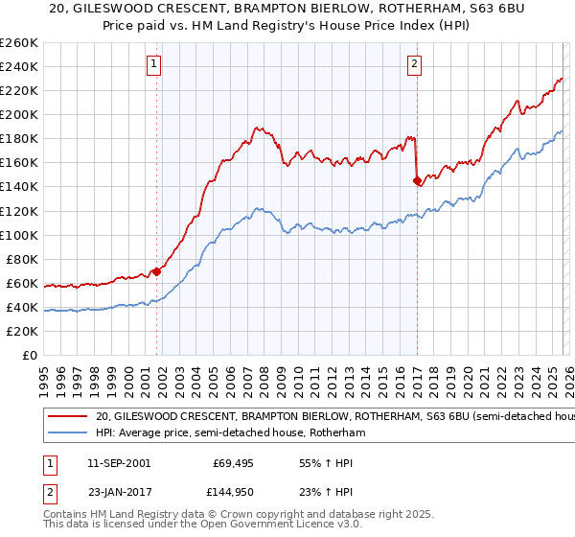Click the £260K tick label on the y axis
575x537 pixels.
click(x=18, y=43)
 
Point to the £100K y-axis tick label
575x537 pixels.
click(x=18, y=235)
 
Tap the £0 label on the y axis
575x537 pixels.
click(x=29, y=356)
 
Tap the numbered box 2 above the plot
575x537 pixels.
click(x=414, y=64)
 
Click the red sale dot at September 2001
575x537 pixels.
click(x=156, y=271)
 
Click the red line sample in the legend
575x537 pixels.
click(x=67, y=417)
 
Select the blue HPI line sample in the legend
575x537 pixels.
click(x=67, y=432)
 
